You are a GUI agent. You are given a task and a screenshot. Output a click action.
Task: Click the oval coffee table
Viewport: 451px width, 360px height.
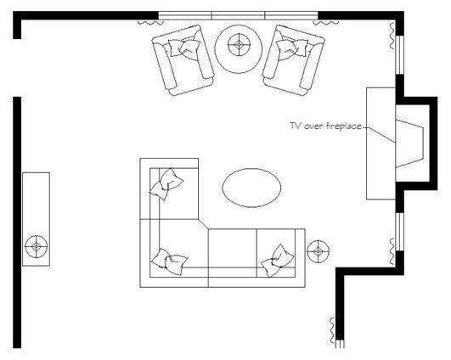251,186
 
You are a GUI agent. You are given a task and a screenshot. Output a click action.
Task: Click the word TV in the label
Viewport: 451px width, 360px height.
296,126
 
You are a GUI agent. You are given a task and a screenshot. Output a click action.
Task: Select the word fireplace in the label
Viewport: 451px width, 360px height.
345,126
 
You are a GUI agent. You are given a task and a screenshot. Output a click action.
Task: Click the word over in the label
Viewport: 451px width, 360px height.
314,126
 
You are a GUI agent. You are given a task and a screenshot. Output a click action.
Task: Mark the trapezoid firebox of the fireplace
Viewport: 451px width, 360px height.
411,142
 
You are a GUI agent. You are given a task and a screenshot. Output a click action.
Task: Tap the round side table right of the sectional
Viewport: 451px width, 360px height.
318,251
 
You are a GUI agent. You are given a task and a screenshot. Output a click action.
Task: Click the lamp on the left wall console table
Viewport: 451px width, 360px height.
36,246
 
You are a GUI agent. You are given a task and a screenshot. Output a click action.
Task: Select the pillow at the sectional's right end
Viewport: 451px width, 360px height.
276,259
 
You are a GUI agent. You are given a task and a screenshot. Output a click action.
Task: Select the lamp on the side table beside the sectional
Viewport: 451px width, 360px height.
318,251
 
